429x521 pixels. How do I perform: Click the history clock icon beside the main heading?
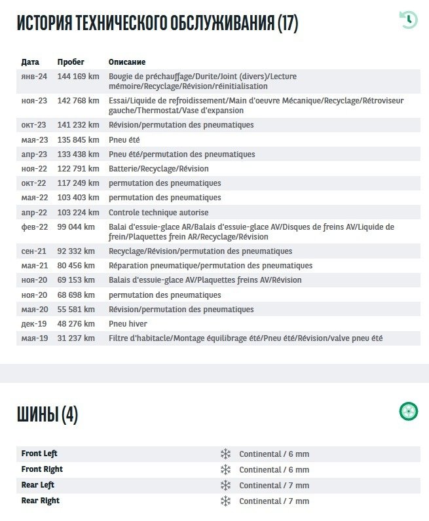coord(408,20)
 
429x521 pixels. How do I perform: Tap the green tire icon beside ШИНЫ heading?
coord(409,412)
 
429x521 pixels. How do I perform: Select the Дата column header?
coord(30,62)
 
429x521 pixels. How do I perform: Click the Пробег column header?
coord(71,62)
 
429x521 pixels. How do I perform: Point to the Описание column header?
coord(127,62)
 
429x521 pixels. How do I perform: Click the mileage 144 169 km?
coord(78,77)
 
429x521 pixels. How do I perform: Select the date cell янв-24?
coord(34,77)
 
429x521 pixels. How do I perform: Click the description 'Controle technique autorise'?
coord(159,213)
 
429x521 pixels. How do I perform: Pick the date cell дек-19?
coord(34,324)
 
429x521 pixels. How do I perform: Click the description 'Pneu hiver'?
coord(128,324)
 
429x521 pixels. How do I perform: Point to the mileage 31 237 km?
coord(76,338)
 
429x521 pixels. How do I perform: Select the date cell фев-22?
coord(34,227)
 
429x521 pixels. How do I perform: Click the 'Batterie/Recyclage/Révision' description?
coord(159,169)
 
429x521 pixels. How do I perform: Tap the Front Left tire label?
coord(39,454)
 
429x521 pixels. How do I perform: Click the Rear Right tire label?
coord(40,501)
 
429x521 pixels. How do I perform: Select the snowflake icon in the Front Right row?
coord(225,469)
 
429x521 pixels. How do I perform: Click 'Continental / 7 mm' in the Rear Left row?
coord(274,485)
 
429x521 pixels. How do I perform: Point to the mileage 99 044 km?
coord(76,227)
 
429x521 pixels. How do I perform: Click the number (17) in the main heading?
coord(288,24)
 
